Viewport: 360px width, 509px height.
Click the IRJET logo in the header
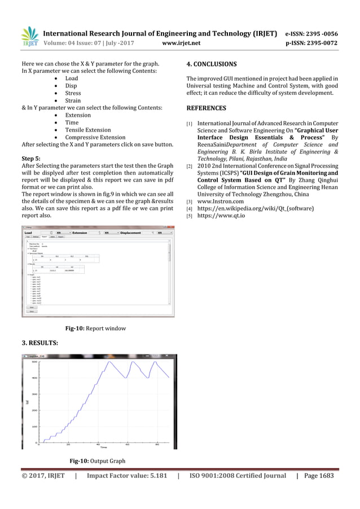(x=29, y=37)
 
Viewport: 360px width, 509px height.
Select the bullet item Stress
(x=73, y=93)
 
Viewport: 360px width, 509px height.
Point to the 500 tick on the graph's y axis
(x=34, y=362)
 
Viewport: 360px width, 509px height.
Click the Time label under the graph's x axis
(x=104, y=446)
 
